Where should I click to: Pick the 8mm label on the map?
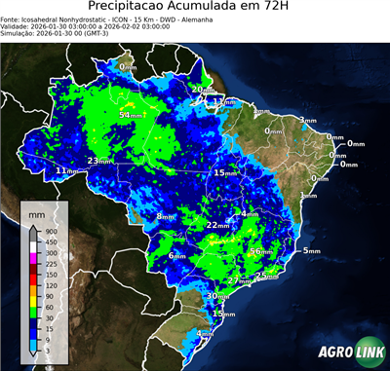click(x=163, y=215)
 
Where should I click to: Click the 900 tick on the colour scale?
click(x=51, y=233)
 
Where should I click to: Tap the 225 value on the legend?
click(x=51, y=264)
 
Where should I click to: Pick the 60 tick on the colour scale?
click(x=51, y=306)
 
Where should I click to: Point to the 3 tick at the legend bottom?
click(x=51, y=348)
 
